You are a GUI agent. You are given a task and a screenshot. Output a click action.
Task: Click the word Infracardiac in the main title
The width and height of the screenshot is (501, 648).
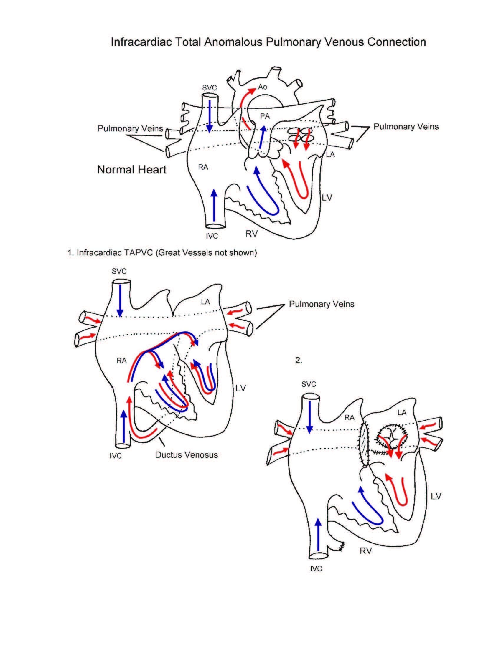[141, 42]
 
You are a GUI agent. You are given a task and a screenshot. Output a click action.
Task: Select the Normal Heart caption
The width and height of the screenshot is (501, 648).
[131, 170]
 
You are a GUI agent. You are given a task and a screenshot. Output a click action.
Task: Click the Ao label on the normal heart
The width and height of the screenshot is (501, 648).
[262, 87]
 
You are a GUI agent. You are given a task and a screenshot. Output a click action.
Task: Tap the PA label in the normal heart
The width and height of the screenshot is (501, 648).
[265, 116]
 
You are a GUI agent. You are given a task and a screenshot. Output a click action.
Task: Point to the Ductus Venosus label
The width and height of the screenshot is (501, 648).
[186, 455]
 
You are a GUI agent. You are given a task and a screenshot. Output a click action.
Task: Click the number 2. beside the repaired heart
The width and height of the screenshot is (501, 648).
[298, 360]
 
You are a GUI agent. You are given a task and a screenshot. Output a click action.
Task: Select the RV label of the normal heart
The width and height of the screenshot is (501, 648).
[251, 234]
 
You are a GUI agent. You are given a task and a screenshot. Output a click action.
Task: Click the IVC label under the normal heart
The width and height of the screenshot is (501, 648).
[212, 236]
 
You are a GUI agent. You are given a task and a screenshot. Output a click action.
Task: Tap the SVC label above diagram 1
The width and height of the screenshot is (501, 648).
[119, 271]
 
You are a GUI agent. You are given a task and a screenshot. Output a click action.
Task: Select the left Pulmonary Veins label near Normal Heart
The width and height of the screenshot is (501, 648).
[130, 128]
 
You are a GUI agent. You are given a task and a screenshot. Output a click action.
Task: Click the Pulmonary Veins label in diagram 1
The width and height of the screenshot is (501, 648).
[322, 304]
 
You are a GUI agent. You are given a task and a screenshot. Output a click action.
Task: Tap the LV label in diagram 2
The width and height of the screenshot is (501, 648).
[436, 496]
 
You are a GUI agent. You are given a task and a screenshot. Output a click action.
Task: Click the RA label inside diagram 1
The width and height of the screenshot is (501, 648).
[122, 361]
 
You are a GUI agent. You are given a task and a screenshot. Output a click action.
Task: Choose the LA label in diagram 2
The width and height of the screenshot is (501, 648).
[402, 413]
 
